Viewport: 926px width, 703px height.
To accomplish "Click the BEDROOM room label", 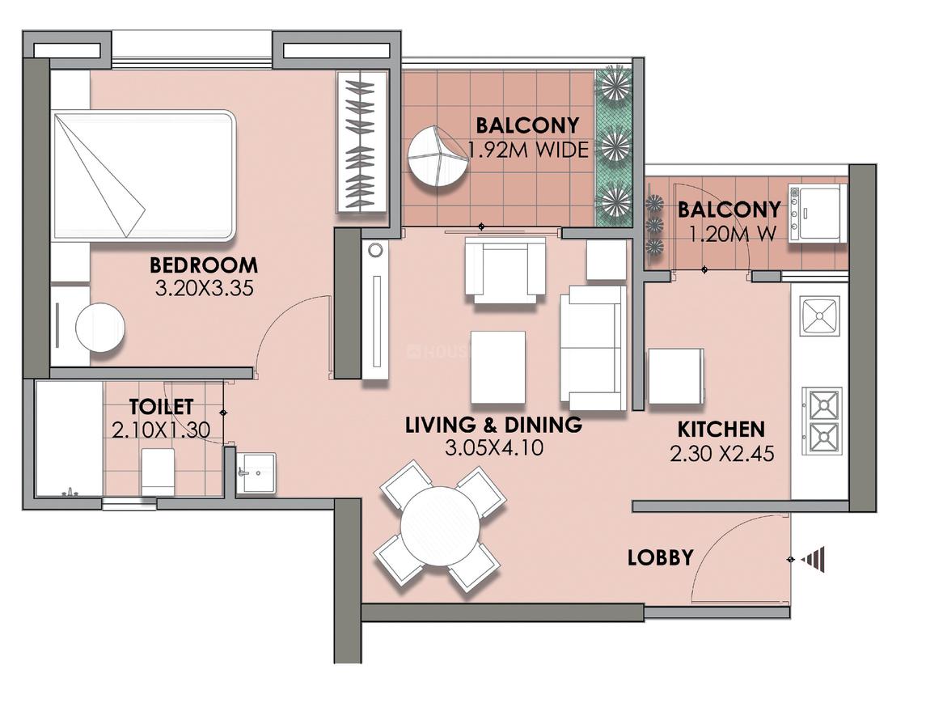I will (204, 265).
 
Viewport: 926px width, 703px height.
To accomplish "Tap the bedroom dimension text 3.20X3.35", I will (205, 287).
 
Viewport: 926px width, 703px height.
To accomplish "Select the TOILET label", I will (161, 407).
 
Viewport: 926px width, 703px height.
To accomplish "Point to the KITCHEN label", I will (721, 429).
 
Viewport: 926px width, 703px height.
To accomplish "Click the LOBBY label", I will (660, 557).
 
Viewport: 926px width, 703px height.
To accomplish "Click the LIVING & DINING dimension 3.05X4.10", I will (493, 447).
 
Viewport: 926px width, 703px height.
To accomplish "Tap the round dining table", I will (440, 526).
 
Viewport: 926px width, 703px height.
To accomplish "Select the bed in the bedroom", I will (144, 176).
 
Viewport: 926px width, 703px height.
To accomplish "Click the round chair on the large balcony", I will (438, 156).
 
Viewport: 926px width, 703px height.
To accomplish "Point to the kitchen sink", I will (819, 316).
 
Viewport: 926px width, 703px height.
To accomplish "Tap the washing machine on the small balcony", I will (817, 213).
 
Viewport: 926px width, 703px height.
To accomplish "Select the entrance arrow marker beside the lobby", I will (814, 559).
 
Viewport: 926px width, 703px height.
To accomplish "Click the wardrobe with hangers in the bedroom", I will (361, 142).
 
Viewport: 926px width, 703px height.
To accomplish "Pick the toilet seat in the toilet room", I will (158, 472).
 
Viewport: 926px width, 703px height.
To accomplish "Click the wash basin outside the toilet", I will (256, 471).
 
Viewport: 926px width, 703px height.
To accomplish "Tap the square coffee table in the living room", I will (497, 366).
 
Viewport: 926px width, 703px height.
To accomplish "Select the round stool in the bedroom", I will (100, 328).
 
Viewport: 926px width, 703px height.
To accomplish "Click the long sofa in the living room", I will (593, 347).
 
